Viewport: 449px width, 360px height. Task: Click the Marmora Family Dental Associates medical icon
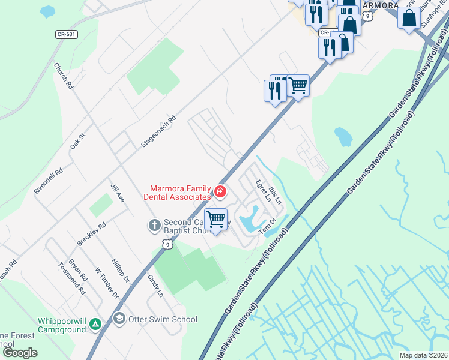[x=220, y=192]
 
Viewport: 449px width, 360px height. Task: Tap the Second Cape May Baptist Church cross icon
[x=154, y=226]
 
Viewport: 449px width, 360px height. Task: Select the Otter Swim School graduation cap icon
[x=119, y=319]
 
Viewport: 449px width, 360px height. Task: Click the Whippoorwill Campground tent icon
[x=95, y=324]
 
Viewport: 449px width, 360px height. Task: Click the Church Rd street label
[x=63, y=77]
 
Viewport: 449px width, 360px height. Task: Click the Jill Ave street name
[x=117, y=193]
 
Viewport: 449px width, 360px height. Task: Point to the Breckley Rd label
[x=91, y=234]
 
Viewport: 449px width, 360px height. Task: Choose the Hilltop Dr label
[x=121, y=271]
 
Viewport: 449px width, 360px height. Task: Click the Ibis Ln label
[x=275, y=194]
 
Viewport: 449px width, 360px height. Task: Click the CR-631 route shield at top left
[x=67, y=34]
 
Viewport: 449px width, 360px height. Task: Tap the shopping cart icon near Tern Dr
[x=215, y=219]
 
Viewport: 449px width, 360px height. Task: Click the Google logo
[x=20, y=353]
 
